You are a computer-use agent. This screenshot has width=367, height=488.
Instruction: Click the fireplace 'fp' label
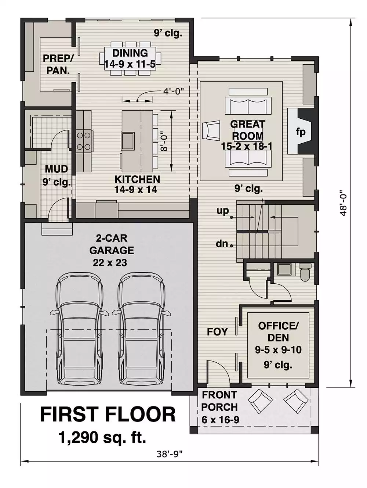[301, 132]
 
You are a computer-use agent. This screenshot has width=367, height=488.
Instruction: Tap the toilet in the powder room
[305, 272]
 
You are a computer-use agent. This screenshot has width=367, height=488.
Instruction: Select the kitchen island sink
[128, 141]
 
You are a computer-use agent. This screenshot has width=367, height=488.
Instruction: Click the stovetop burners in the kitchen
[84, 141]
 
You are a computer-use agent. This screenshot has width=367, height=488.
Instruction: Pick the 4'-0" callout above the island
[173, 91]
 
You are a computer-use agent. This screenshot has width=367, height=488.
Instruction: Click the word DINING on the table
[130, 53]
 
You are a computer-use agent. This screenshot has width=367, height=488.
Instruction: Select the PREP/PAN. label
[58, 64]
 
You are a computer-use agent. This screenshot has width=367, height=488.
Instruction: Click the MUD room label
[57, 169]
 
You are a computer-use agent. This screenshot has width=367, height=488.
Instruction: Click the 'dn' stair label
[222, 244]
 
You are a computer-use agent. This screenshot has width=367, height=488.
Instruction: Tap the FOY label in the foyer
[217, 332]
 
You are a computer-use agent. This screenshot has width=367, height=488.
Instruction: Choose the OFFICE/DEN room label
[278, 332]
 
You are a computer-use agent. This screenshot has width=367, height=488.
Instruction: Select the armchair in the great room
[211, 131]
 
